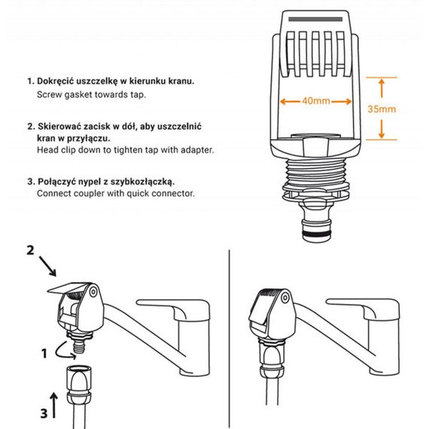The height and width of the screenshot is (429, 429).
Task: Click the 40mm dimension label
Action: click(x=316, y=101)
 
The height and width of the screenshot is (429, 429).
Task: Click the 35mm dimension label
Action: click(x=382, y=109)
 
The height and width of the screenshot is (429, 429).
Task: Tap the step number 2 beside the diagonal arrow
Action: click(x=30, y=251)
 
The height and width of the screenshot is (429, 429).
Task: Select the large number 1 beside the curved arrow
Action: click(x=44, y=353)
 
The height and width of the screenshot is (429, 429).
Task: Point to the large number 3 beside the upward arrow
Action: click(x=44, y=413)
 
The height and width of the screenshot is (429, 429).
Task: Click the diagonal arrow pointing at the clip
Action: click(x=47, y=266)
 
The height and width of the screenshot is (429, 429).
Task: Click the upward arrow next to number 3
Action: click(x=54, y=406)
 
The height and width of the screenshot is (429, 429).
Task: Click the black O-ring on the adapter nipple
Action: click(x=317, y=233)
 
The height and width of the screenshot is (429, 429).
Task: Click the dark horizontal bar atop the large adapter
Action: click(x=315, y=19)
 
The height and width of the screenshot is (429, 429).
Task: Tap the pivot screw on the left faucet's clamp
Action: click(x=93, y=292)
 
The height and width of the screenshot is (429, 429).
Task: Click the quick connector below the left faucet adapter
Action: click(x=79, y=385)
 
